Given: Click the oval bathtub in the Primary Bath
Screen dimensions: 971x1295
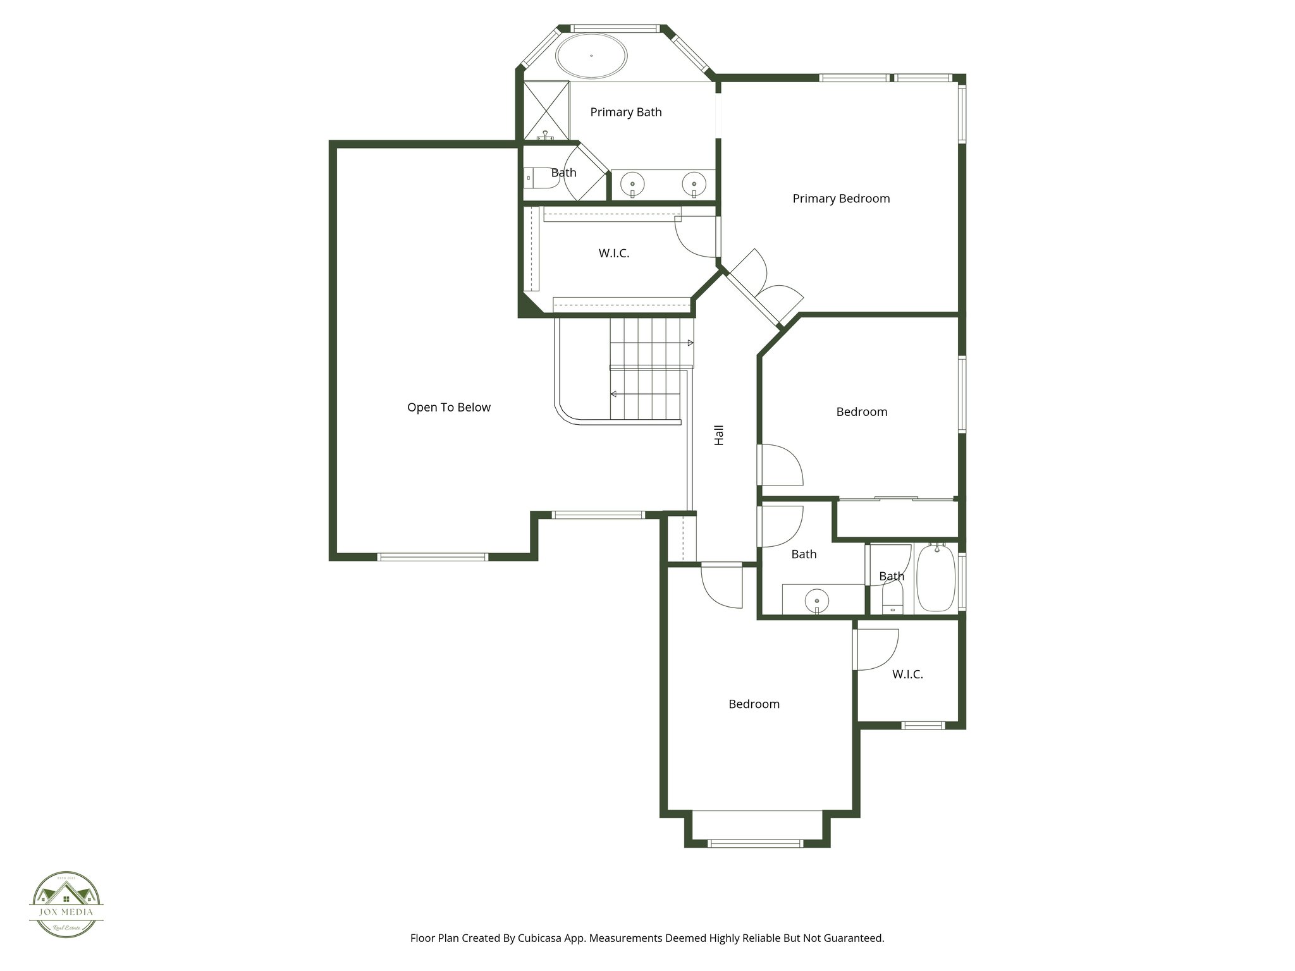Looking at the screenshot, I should (591, 56).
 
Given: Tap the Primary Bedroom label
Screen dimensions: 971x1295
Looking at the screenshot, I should (841, 198).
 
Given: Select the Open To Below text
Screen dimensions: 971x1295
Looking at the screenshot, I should (448, 408).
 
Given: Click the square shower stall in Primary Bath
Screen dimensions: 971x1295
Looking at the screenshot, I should (546, 111).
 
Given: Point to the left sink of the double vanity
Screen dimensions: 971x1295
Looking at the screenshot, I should (632, 185).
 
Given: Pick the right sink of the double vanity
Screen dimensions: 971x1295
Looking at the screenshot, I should (694, 185).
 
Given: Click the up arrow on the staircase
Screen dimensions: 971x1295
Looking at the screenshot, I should (690, 343).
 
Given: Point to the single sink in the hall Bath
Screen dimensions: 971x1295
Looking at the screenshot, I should (818, 599).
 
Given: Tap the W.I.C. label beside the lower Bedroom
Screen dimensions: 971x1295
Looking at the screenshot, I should (907, 675).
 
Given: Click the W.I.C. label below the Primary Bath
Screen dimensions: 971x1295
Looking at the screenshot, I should (613, 253).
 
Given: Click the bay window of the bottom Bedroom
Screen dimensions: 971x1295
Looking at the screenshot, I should (756, 843).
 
